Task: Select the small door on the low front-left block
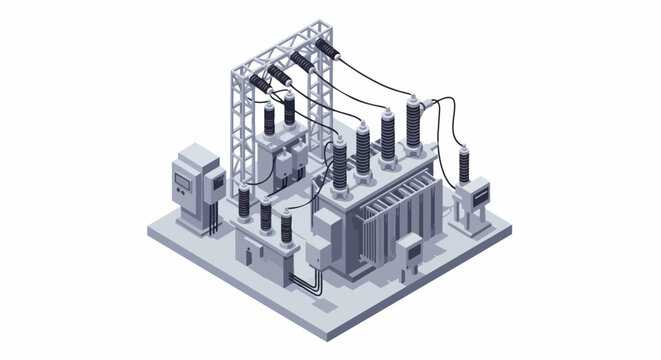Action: coord(245,255)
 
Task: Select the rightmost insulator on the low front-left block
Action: coord(289,225)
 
